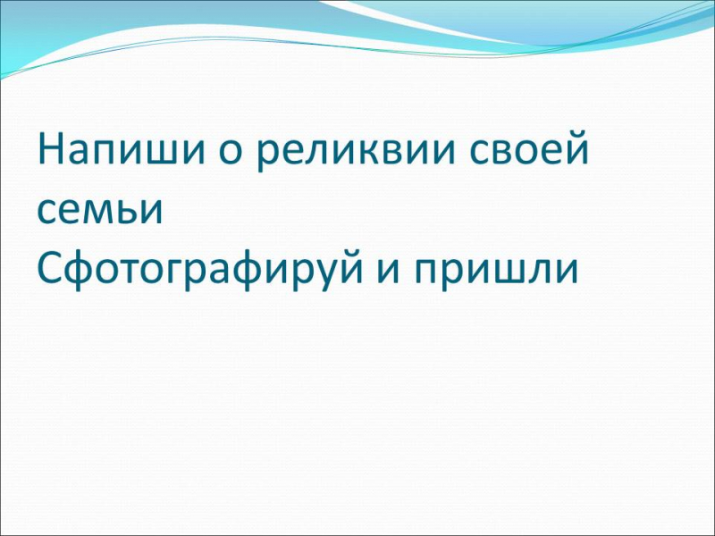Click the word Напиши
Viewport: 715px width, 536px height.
click(121, 149)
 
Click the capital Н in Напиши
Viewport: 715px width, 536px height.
click(52, 148)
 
